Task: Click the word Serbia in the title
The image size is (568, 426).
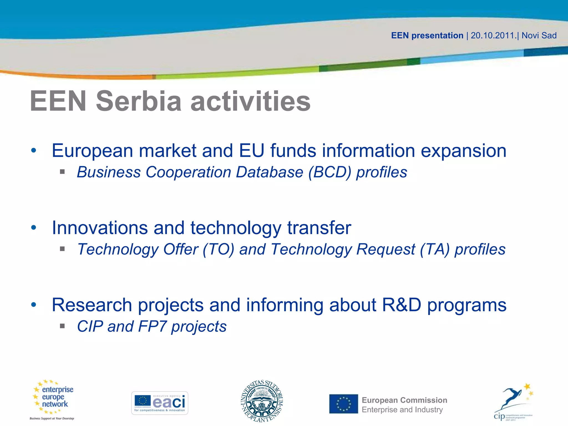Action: (139, 101)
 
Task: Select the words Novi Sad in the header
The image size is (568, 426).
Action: (539, 35)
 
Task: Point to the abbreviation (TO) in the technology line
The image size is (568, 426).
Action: (219, 249)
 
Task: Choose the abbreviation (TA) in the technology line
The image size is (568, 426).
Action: (435, 249)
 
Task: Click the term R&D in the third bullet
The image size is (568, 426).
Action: (402, 305)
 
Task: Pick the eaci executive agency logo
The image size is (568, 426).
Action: (160, 403)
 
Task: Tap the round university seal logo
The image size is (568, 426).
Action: (262, 401)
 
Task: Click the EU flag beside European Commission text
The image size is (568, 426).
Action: (344, 404)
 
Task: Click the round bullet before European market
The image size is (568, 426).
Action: (34, 151)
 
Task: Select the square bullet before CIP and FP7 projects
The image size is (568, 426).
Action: (62, 326)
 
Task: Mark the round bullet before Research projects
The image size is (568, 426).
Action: (34, 305)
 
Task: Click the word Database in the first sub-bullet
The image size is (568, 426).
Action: (270, 172)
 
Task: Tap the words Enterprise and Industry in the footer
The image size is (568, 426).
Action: (402, 410)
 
